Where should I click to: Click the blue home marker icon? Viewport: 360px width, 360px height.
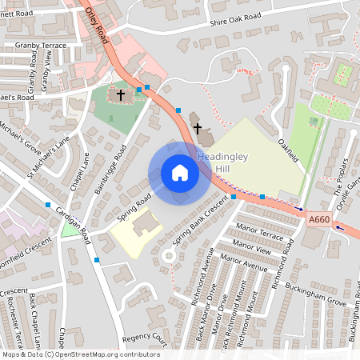click(x=180, y=173)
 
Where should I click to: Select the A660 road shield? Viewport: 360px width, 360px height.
click(x=318, y=218)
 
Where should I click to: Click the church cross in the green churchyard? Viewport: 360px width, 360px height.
click(x=121, y=95)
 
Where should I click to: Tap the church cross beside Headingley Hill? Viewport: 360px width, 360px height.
click(x=197, y=127)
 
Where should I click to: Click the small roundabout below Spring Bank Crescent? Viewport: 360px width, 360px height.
click(x=169, y=257)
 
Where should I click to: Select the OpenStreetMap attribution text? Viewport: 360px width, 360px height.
click(x=80, y=354)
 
